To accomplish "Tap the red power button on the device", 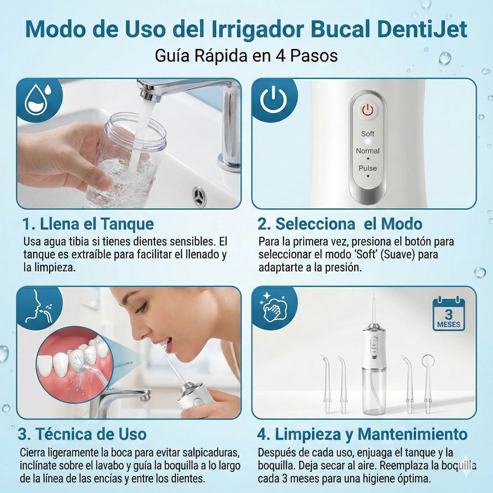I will click(x=367, y=111).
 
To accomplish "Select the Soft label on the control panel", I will click(x=367, y=134).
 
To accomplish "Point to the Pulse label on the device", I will click(x=367, y=168).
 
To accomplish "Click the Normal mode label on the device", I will click(x=367, y=151).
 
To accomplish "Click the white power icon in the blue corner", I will click(x=273, y=100).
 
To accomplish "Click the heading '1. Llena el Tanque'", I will click(x=88, y=224).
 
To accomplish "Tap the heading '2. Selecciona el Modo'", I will click(x=340, y=224).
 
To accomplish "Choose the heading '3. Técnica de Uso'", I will click(x=82, y=434).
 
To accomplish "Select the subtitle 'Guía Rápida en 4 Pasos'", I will click(x=246, y=56).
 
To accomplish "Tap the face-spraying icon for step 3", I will click(x=39, y=307).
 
